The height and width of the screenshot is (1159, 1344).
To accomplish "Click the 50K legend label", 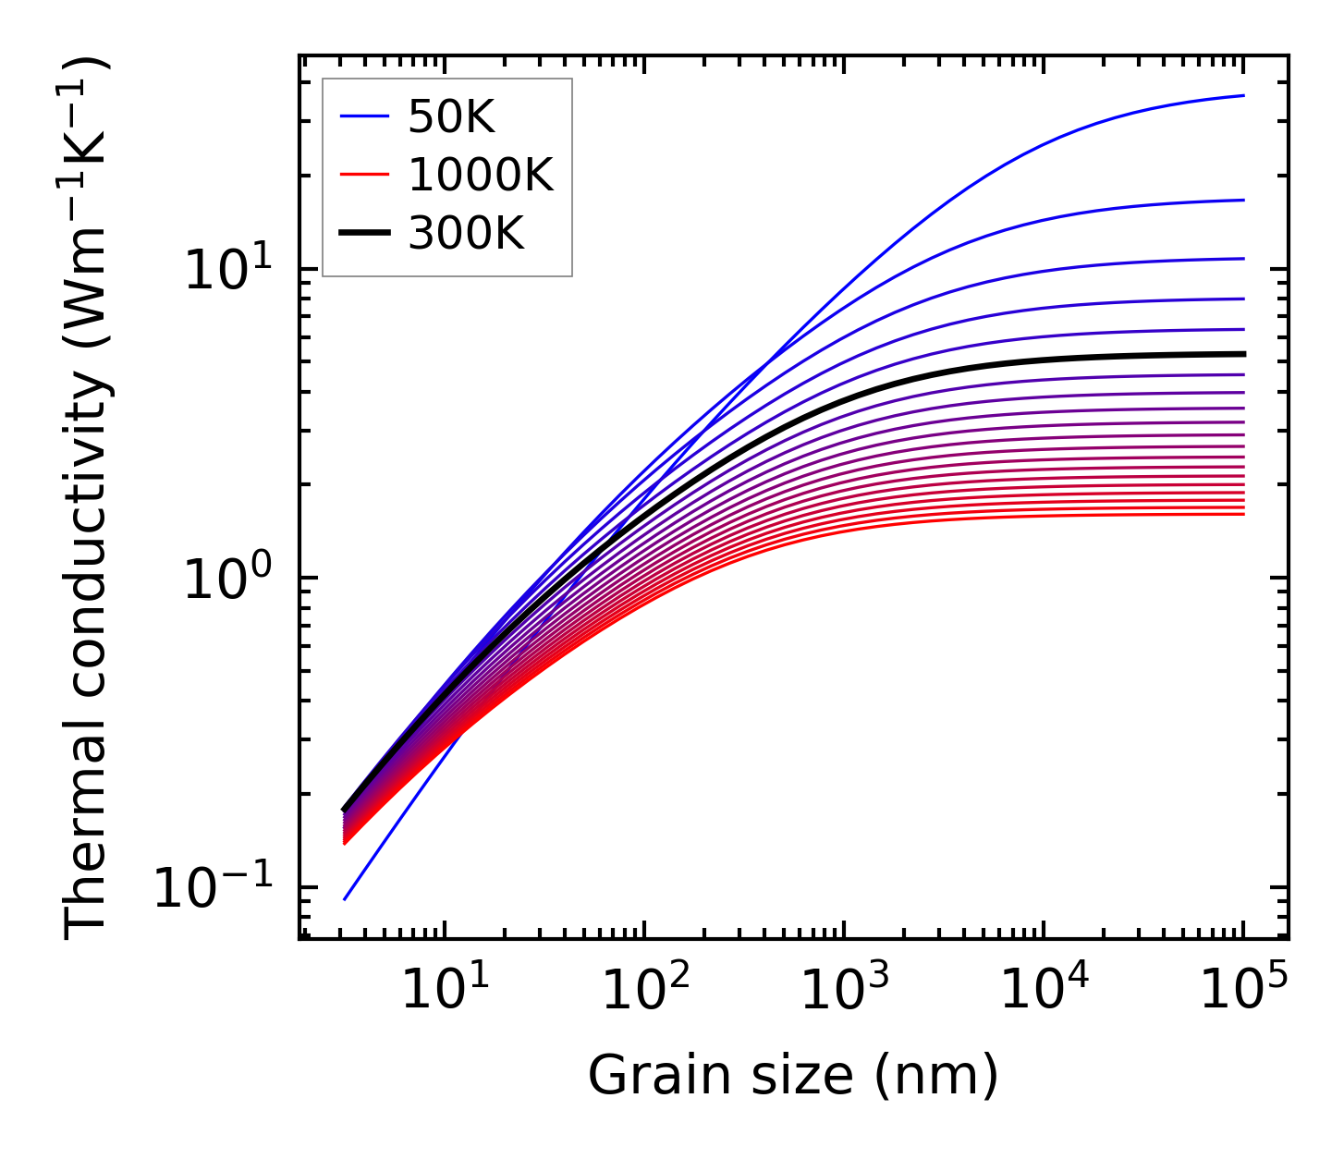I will point(452,116).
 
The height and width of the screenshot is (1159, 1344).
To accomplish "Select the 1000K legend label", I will point(481,175).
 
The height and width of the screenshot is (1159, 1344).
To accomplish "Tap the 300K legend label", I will point(466,234).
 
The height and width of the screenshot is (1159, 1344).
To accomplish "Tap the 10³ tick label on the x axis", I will point(843,991).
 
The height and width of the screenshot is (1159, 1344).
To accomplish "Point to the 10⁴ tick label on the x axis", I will point(1044,991).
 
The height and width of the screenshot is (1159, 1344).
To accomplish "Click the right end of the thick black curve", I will point(1244,354).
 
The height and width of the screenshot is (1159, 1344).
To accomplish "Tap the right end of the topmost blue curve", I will point(1244,95).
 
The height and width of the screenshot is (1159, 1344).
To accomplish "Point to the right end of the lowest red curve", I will point(1244,514).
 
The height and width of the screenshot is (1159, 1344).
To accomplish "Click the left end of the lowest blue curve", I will point(344,899).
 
